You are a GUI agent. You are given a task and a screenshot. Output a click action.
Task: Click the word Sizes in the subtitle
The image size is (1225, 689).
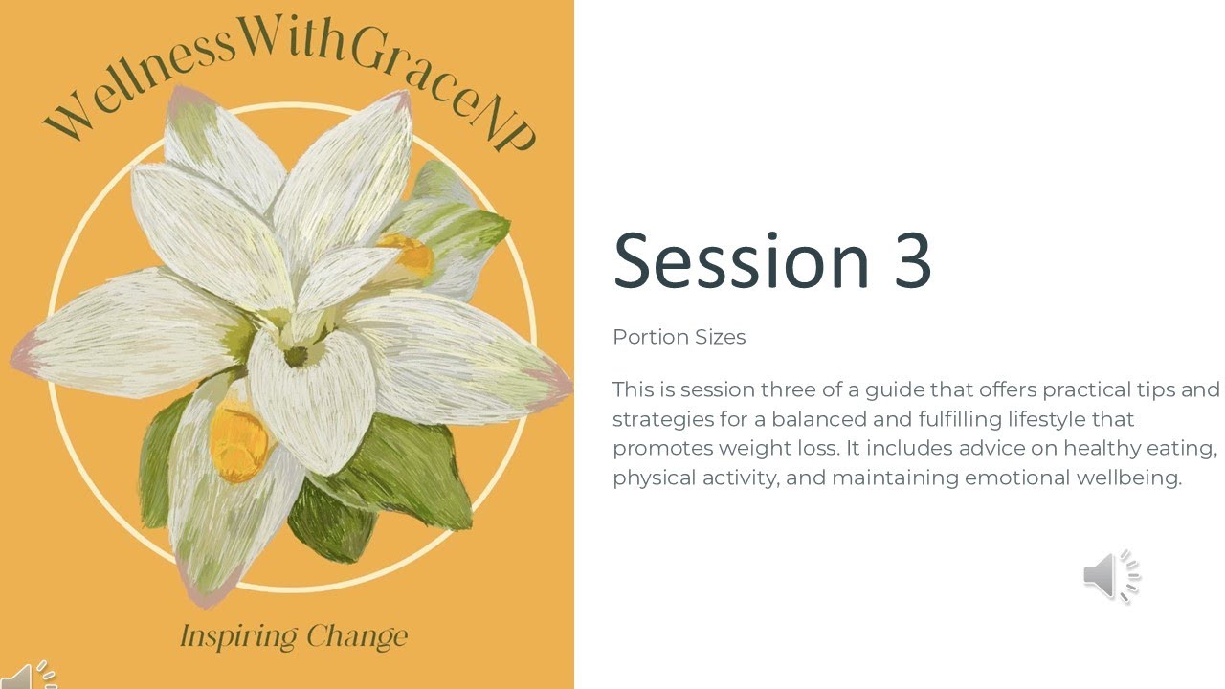click(x=720, y=337)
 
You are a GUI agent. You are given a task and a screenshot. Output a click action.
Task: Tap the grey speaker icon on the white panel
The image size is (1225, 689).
click(x=1110, y=576)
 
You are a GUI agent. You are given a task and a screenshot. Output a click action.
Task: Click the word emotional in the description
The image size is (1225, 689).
click(x=1015, y=478)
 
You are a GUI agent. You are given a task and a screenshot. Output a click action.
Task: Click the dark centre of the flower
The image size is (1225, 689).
click(x=296, y=357)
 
